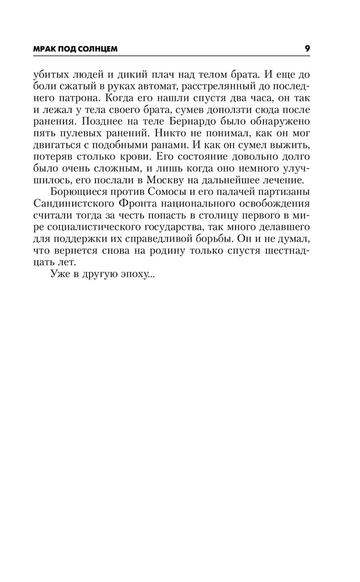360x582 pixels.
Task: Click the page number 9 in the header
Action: (306, 49)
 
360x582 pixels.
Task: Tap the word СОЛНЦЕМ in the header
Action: (98, 49)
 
